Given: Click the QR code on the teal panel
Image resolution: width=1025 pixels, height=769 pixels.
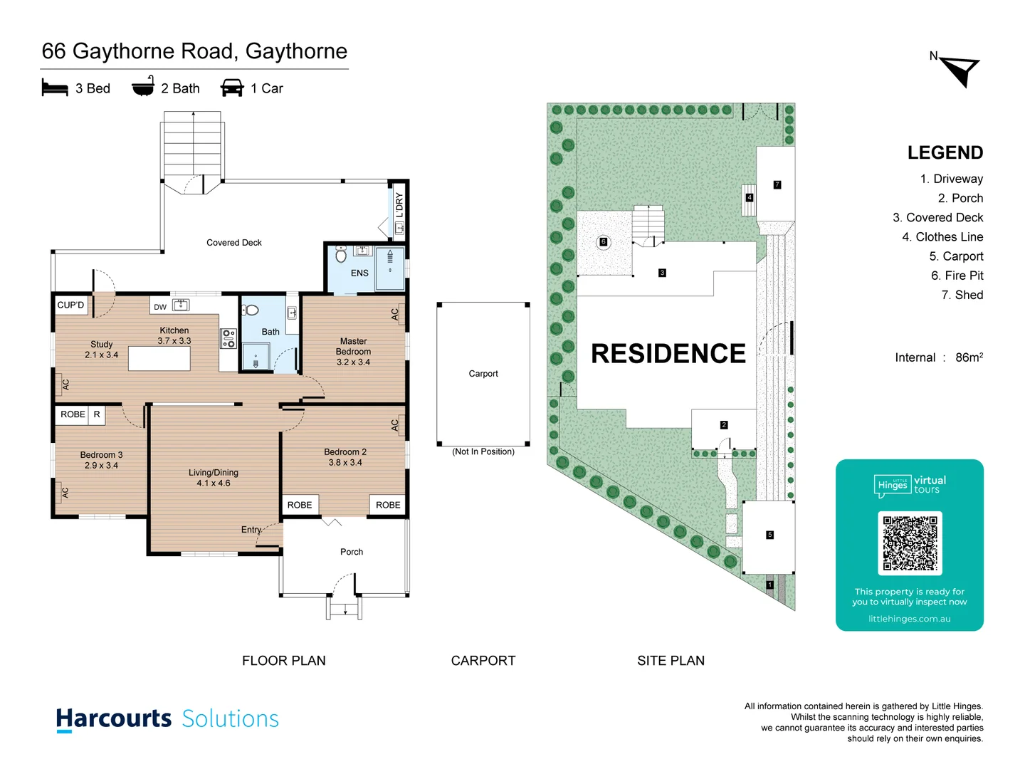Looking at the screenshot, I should (x=910, y=543).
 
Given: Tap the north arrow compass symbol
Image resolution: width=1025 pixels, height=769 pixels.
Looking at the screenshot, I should (x=961, y=70).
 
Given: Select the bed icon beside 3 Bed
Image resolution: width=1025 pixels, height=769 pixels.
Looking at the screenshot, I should (x=55, y=88).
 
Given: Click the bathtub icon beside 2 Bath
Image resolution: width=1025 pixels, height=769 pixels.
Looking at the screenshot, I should (x=143, y=86).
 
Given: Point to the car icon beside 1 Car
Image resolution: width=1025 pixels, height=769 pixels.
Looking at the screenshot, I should (x=232, y=88).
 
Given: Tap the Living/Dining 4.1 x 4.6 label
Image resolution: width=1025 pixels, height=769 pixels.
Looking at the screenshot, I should (x=214, y=478).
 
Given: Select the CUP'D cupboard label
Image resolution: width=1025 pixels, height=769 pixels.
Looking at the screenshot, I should (x=70, y=305).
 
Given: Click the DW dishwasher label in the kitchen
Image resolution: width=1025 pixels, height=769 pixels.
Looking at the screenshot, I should (x=160, y=307).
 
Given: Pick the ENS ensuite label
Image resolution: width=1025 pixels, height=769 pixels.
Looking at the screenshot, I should (x=359, y=273).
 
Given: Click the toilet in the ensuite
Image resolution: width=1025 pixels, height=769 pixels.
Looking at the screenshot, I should (x=341, y=254).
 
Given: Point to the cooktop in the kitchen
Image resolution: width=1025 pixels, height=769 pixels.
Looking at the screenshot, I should (x=228, y=338).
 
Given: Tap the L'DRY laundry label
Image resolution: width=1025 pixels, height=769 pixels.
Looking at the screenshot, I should (x=399, y=205).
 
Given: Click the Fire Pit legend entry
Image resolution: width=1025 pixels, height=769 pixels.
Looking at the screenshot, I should (x=957, y=276).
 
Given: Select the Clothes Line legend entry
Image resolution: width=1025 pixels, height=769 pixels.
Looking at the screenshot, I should (x=942, y=237).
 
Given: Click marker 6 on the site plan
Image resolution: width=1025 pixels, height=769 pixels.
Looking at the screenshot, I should (x=604, y=242).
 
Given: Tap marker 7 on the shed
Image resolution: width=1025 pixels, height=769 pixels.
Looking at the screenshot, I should (x=777, y=184).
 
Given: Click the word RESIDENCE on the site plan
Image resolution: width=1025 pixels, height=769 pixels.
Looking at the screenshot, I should (x=668, y=353).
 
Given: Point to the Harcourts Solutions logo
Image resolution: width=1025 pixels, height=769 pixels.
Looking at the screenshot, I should (x=167, y=718).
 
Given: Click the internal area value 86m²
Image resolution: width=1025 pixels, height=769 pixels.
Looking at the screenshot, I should (x=969, y=357).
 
